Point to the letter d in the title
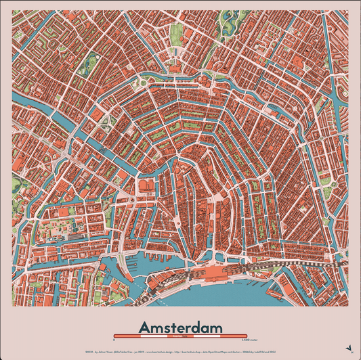198,327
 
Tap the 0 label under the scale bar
114,340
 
